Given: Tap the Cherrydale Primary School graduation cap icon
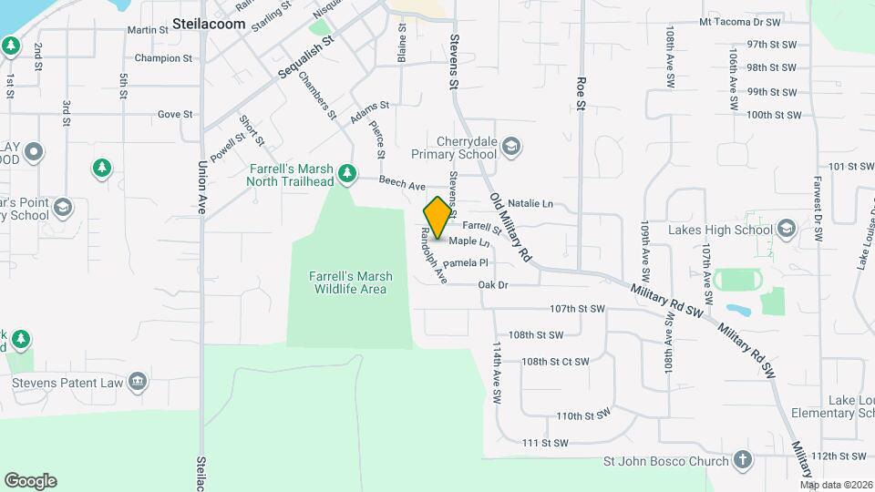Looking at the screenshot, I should click(x=512, y=146).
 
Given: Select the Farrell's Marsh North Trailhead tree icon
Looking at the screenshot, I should click(x=346, y=173).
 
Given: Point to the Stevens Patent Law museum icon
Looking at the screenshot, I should click(x=138, y=382).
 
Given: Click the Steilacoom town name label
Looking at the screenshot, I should click(x=210, y=25).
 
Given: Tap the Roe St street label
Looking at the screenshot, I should click(x=580, y=93).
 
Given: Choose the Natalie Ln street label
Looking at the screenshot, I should click(x=530, y=203).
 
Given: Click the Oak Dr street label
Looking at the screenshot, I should click(x=492, y=285).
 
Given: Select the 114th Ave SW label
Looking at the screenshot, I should click(x=497, y=374).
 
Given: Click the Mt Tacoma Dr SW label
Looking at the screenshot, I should click(x=740, y=21).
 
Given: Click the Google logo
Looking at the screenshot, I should click(x=30, y=481).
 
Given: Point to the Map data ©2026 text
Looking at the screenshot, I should click(x=836, y=485).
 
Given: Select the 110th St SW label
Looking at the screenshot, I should click(x=582, y=415).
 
